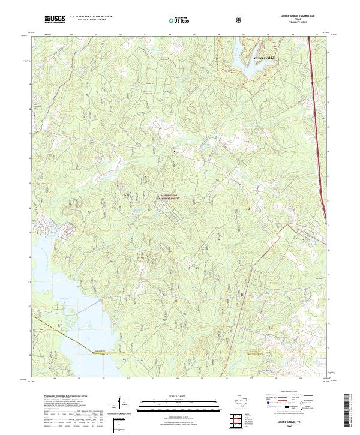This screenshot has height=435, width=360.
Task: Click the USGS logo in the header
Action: tap(54, 20)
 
